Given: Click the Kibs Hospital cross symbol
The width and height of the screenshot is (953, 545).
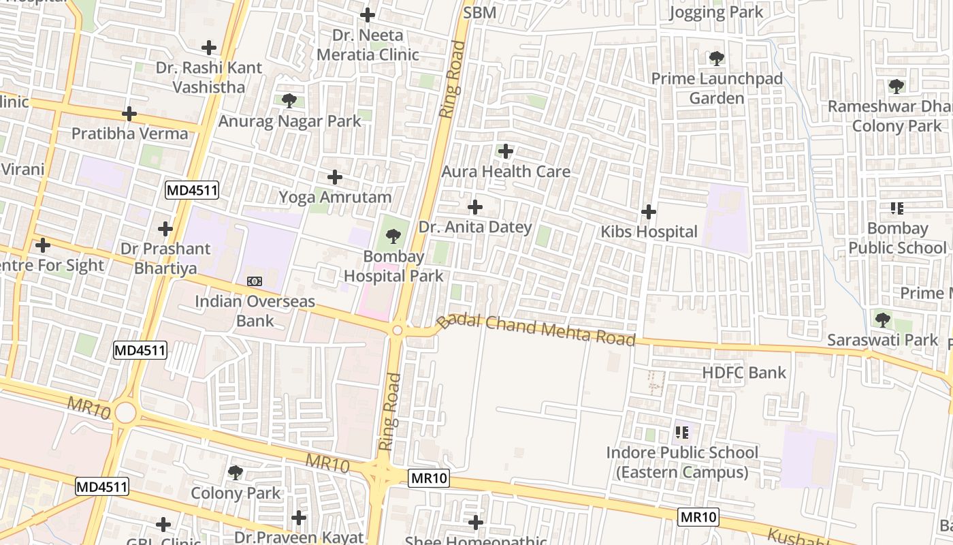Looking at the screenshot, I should tap(649, 212).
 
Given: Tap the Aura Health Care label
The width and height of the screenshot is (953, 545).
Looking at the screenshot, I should tap(506, 172).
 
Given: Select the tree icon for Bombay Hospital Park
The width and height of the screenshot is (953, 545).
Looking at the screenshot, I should tap(393, 236).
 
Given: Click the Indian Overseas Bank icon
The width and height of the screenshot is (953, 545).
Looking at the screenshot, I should tap(255, 281).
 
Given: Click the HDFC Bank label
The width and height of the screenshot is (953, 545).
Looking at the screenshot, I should tap(744, 373).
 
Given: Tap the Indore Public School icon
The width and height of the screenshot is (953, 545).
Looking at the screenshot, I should tap(682, 432).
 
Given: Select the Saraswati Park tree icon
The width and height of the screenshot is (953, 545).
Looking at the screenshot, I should tap(882, 319).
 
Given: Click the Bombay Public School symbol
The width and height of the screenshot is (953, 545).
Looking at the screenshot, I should tap(897, 208).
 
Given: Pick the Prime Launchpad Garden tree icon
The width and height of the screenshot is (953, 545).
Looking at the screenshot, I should tap(717, 58).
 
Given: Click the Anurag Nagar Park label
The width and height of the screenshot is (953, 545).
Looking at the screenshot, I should tap(289, 122).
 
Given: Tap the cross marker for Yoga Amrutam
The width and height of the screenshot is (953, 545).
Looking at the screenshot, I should tap(335, 177).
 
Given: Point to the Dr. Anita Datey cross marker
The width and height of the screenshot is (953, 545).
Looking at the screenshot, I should tap(475, 206).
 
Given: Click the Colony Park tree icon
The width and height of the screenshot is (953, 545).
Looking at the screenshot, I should tap(236, 472).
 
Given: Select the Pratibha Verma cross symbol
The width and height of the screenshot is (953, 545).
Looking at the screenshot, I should tap(129, 113).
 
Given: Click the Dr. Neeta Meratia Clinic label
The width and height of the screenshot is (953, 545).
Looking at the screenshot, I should tap(368, 45).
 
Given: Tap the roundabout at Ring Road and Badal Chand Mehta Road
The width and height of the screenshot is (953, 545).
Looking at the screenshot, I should tap(398, 330).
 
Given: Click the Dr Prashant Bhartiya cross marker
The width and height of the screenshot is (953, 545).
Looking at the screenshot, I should tap(165, 229).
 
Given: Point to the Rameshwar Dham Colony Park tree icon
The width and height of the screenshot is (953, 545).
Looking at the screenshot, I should tap(897, 86).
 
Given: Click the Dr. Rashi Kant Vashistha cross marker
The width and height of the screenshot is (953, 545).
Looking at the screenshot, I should tap(209, 48).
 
